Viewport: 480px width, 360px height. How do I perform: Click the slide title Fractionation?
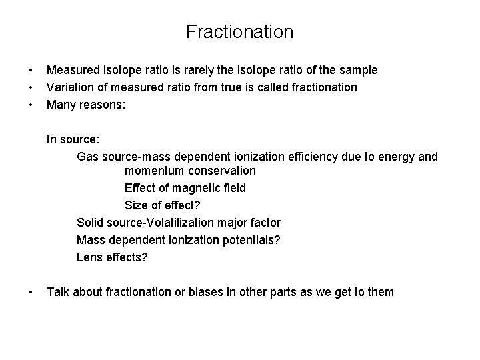tap(239, 31)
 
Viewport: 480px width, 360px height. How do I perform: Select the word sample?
tap(358, 70)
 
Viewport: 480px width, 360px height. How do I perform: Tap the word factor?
tap(263, 223)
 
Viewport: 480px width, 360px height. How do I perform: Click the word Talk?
tap(59, 292)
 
